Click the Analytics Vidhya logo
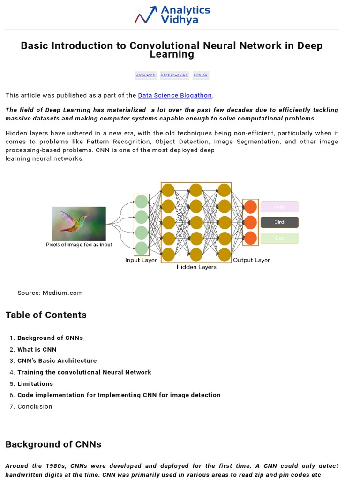172,15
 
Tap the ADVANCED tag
145,75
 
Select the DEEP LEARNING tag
174,75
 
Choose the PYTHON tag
201,75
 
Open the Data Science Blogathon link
175,95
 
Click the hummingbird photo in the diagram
79,224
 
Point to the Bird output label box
279,222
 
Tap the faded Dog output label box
279,207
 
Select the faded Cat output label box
279,238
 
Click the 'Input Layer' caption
141,260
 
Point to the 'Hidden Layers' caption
196,267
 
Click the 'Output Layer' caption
251,260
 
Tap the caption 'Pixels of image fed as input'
79,245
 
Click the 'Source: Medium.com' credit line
50,293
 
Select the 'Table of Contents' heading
46,315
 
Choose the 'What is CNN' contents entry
37,349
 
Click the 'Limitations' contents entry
35,384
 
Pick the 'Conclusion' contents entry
35,407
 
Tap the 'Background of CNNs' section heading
53,444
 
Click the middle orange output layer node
251,222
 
